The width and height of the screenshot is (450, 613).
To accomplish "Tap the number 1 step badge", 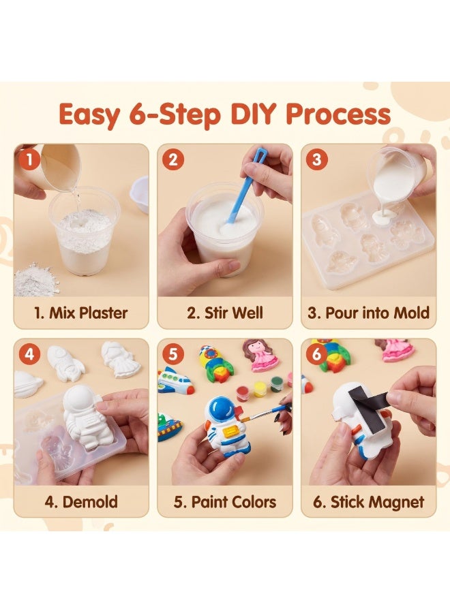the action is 29,159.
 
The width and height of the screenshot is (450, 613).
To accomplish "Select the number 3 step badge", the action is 316,159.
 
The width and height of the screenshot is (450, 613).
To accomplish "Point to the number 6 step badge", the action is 316,354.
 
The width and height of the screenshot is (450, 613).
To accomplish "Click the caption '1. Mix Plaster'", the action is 81,313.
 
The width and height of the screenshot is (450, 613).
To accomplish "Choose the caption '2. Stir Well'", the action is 224,313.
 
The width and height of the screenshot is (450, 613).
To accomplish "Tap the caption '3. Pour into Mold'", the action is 368,313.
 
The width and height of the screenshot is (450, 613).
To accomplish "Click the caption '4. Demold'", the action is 81,502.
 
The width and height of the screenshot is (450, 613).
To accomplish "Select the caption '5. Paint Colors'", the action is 224,502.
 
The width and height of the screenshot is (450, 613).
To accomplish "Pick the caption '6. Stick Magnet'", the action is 368,502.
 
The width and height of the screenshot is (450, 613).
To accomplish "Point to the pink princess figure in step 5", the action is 260,356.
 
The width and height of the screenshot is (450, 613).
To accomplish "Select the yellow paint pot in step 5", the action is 260,389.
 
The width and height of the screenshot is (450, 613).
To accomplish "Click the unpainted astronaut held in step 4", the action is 86,418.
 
